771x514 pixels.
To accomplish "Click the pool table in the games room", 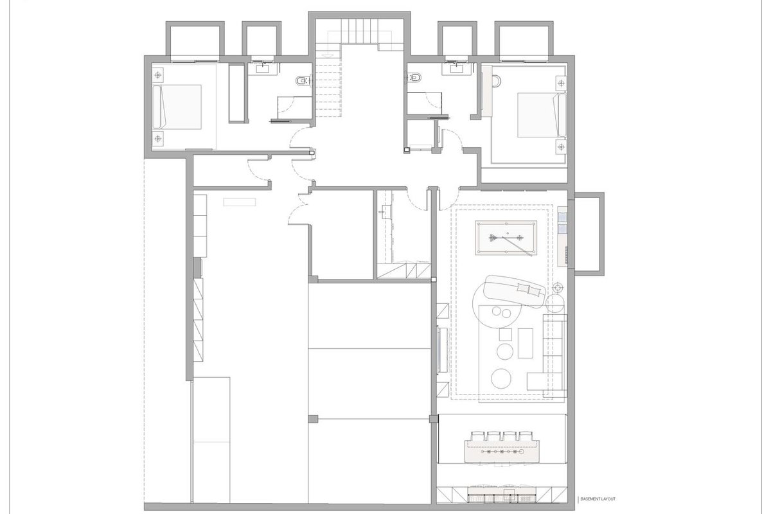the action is click(x=506, y=238).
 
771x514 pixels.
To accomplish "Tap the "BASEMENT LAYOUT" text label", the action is click(x=598, y=499).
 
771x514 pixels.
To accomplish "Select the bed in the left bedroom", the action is click(x=177, y=107).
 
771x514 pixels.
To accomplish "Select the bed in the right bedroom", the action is click(x=542, y=114).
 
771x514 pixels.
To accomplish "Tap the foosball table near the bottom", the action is click(x=502, y=451).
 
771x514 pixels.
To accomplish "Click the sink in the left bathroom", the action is click(x=265, y=69).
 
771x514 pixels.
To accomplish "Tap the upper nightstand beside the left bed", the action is click(x=157, y=75).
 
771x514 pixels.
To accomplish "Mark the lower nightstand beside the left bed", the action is click(x=157, y=139).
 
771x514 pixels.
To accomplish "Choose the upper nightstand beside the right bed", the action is click(x=562, y=84).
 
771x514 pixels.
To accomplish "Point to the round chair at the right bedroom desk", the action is click(x=497, y=81).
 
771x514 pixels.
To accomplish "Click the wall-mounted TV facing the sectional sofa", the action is click(x=442, y=350).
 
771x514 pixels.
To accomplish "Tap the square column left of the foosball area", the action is click(x=434, y=419).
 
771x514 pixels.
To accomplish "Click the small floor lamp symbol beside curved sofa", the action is click(x=558, y=287).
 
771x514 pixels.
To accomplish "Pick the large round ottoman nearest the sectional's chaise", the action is click(x=501, y=378).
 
